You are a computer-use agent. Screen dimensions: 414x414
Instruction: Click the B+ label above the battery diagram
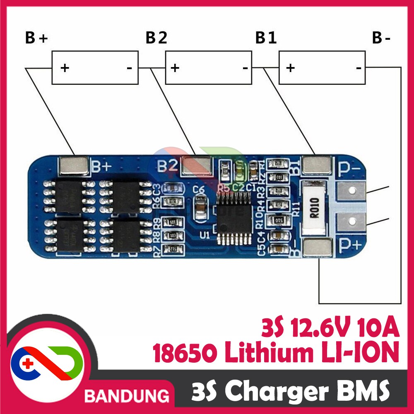[36, 39]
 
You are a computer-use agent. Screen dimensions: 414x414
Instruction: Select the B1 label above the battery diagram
[266, 39]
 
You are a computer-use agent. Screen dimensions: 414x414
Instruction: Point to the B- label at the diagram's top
[381, 39]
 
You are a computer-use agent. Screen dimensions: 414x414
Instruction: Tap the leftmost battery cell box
[95, 67]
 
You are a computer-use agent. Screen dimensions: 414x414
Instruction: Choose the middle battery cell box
[208, 67]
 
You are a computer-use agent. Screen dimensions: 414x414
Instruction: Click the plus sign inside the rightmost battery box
[291, 67]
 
